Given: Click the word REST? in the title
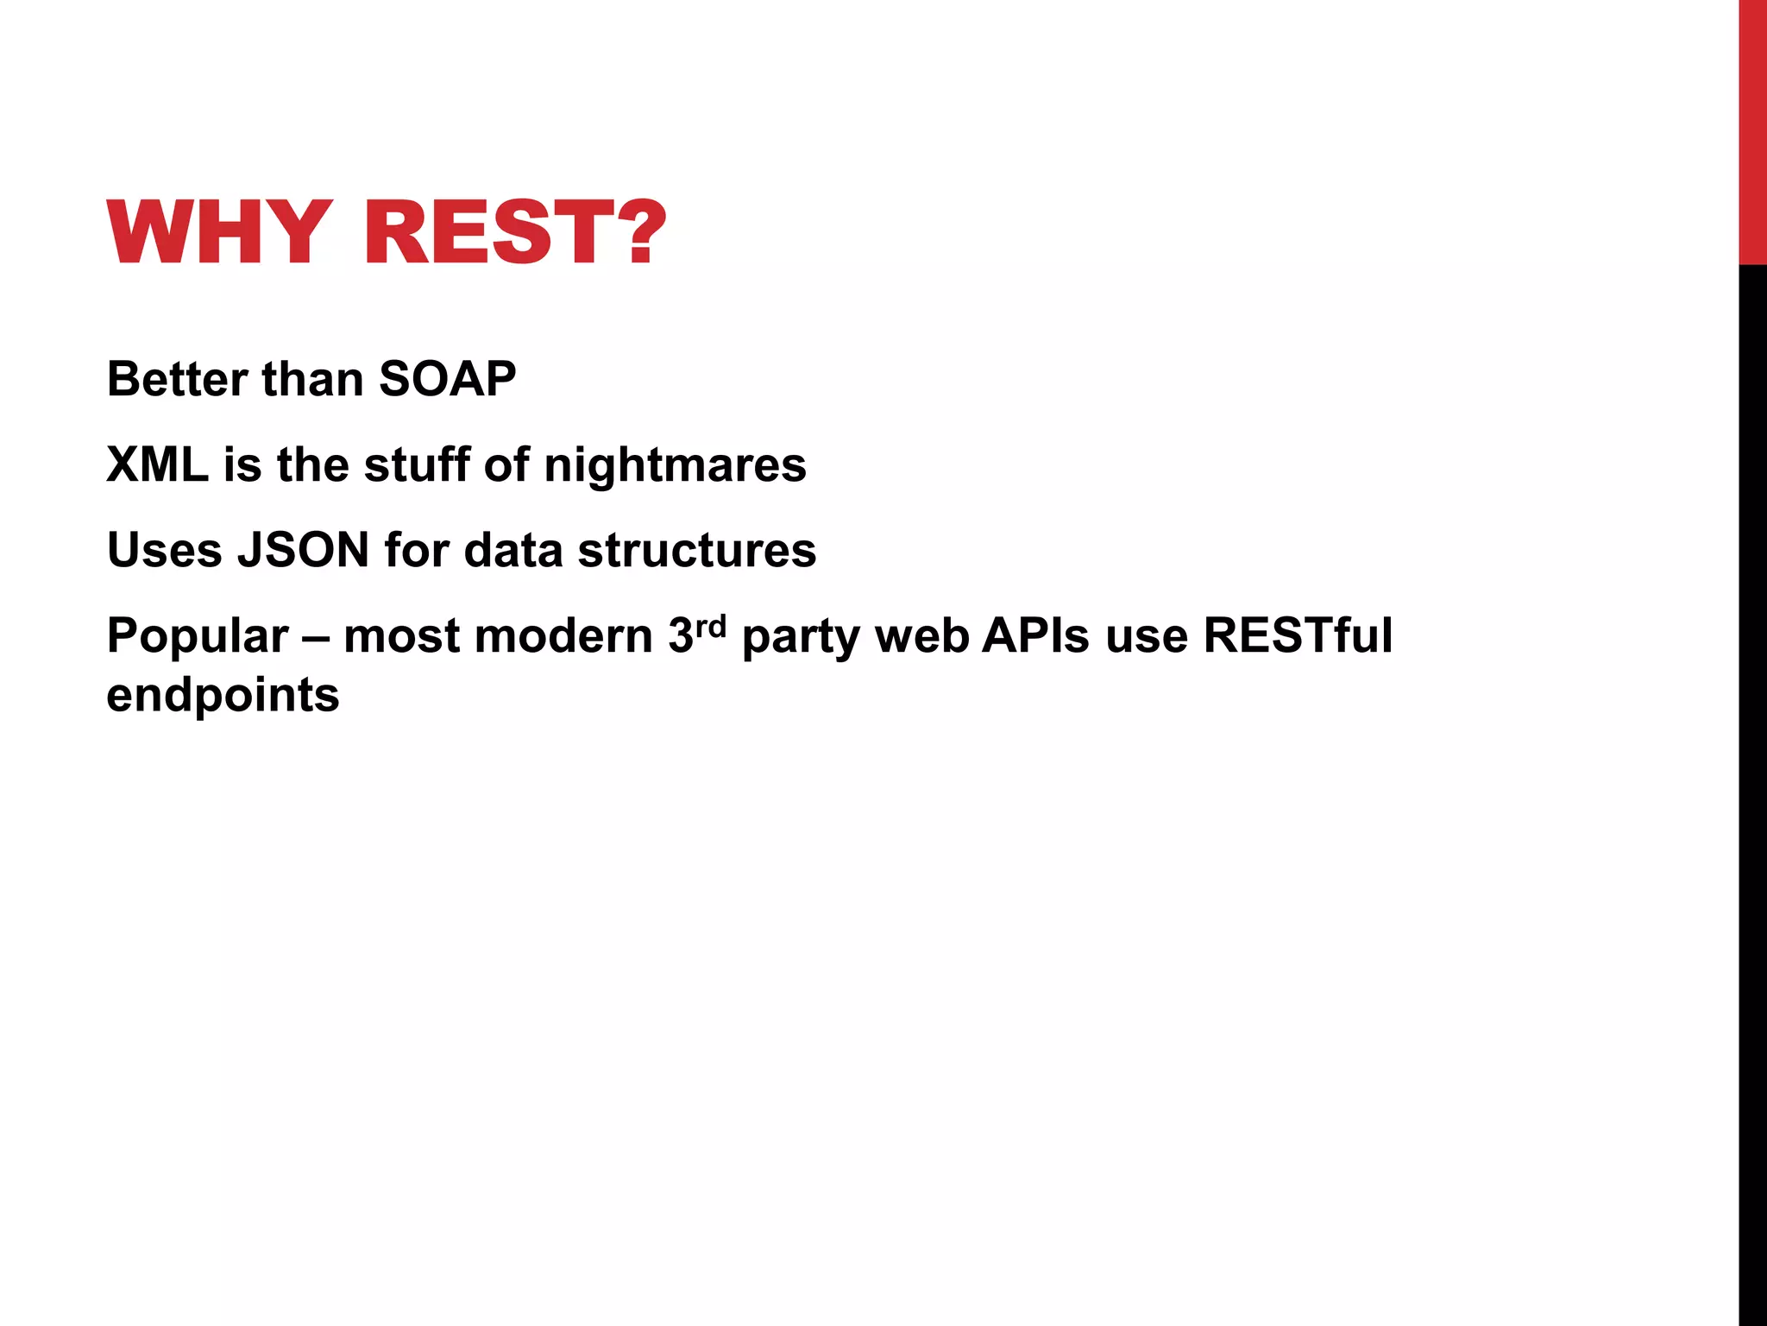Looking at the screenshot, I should (515, 232).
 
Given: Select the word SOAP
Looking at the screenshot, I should (447, 379).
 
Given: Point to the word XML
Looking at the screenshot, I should (157, 464).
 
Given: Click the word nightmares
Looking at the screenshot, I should (675, 464).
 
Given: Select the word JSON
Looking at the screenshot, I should (304, 550).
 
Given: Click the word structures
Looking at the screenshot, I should (696, 550).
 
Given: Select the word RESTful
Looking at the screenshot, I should (1298, 636).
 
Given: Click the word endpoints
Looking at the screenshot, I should (223, 696).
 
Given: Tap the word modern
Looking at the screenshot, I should (563, 636).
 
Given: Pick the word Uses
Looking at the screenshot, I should (165, 550).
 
